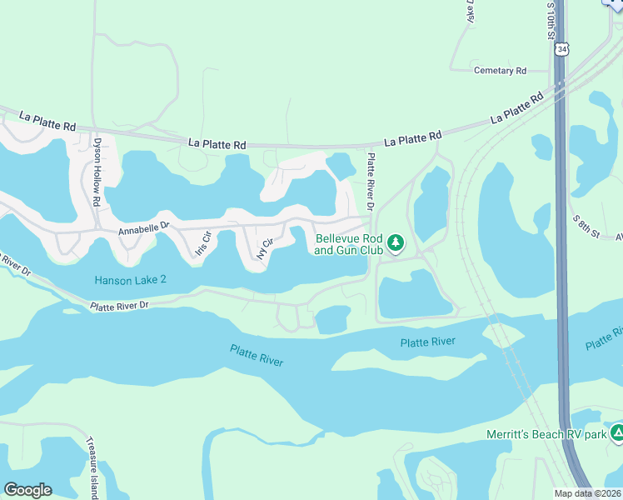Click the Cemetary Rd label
pyautogui.click(x=500, y=71)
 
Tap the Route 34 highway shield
pyautogui.click(x=563, y=50)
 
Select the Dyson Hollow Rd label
pyautogui.click(x=97, y=172)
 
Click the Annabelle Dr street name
pyautogui.click(x=143, y=226)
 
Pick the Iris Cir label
pyautogui.click(x=202, y=243)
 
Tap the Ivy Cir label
pyautogui.click(x=266, y=248)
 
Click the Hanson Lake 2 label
pyautogui.click(x=130, y=280)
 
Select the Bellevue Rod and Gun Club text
pyautogui.click(x=349, y=244)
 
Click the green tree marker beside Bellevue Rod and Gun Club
pyautogui.click(x=396, y=243)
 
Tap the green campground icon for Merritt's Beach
pyautogui.click(x=617, y=433)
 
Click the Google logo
pyautogui.click(x=27, y=490)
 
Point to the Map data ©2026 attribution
pyautogui.click(x=588, y=493)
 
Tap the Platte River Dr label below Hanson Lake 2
pyautogui.click(x=118, y=306)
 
